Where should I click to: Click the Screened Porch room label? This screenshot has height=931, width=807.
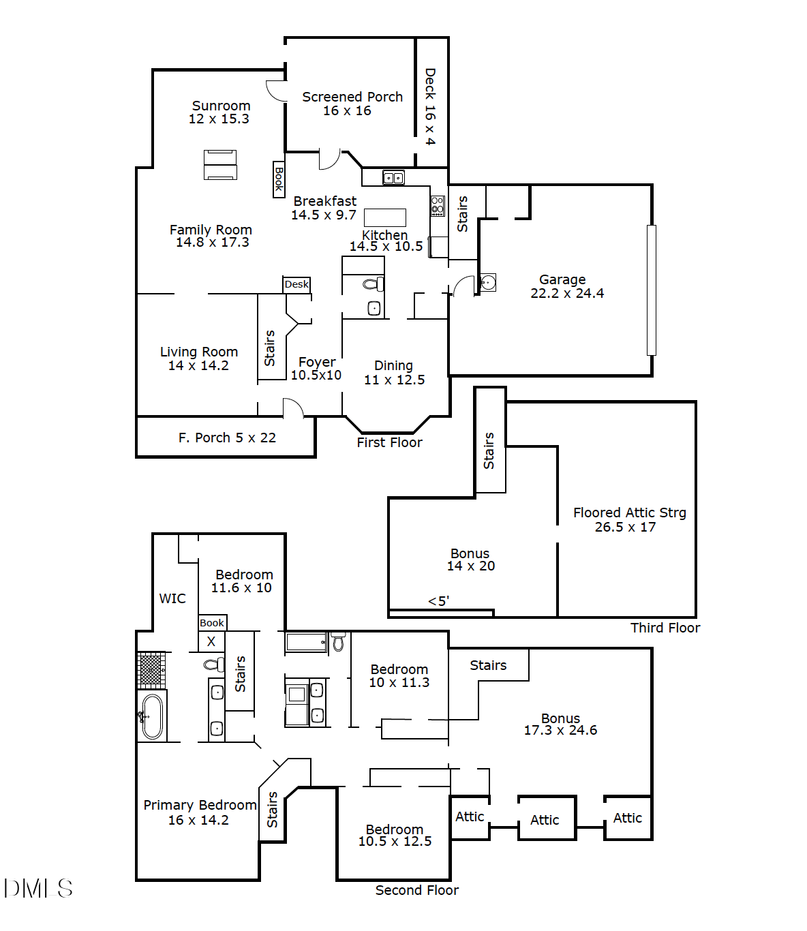[352, 97]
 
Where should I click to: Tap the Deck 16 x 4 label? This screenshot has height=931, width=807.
[430, 106]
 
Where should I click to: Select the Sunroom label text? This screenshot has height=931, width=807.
[221, 106]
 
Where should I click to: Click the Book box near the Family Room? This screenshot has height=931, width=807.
[279, 179]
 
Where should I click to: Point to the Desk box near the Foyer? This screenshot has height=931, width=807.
[296, 284]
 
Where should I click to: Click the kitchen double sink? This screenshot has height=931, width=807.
[393, 178]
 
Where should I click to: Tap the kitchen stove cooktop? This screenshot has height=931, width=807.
[438, 205]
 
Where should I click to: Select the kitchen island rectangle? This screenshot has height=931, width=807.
[385, 217]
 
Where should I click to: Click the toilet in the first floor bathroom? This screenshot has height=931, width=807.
[373, 284]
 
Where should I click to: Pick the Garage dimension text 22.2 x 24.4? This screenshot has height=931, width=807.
[567, 294]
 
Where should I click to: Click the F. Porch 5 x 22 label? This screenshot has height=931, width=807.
[227, 438]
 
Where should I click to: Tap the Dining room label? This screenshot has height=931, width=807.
[393, 365]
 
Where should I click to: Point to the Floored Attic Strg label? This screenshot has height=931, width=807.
[629, 513]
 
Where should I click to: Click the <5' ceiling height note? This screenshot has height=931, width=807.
[438, 601]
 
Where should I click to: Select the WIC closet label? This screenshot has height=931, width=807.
[172, 598]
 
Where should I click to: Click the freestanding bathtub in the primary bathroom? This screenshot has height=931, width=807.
[153, 716]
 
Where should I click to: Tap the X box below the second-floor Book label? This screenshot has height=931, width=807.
[211, 641]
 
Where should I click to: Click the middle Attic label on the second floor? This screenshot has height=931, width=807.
[545, 820]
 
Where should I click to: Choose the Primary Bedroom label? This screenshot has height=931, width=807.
[200, 805]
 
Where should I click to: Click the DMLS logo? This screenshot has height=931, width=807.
[38, 888]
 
